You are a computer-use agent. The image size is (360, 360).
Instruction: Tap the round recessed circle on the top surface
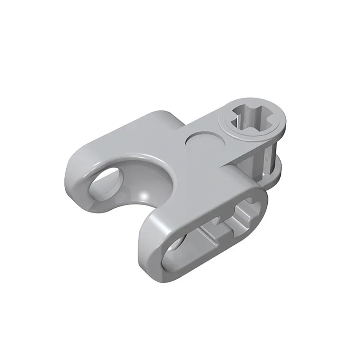click(x=203, y=143)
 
